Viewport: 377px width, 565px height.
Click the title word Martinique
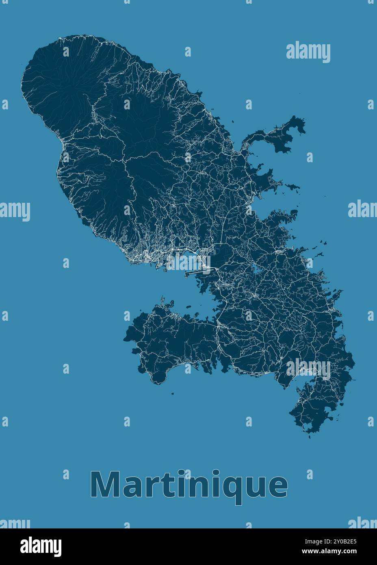click(189, 485)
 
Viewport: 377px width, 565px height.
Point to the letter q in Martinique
click(227, 487)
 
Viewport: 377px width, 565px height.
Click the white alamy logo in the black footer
click(41, 546)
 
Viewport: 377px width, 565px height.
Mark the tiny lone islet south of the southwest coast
click(173, 393)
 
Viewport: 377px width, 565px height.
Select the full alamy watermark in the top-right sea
click(308, 52)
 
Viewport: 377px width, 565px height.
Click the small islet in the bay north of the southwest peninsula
click(188, 306)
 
